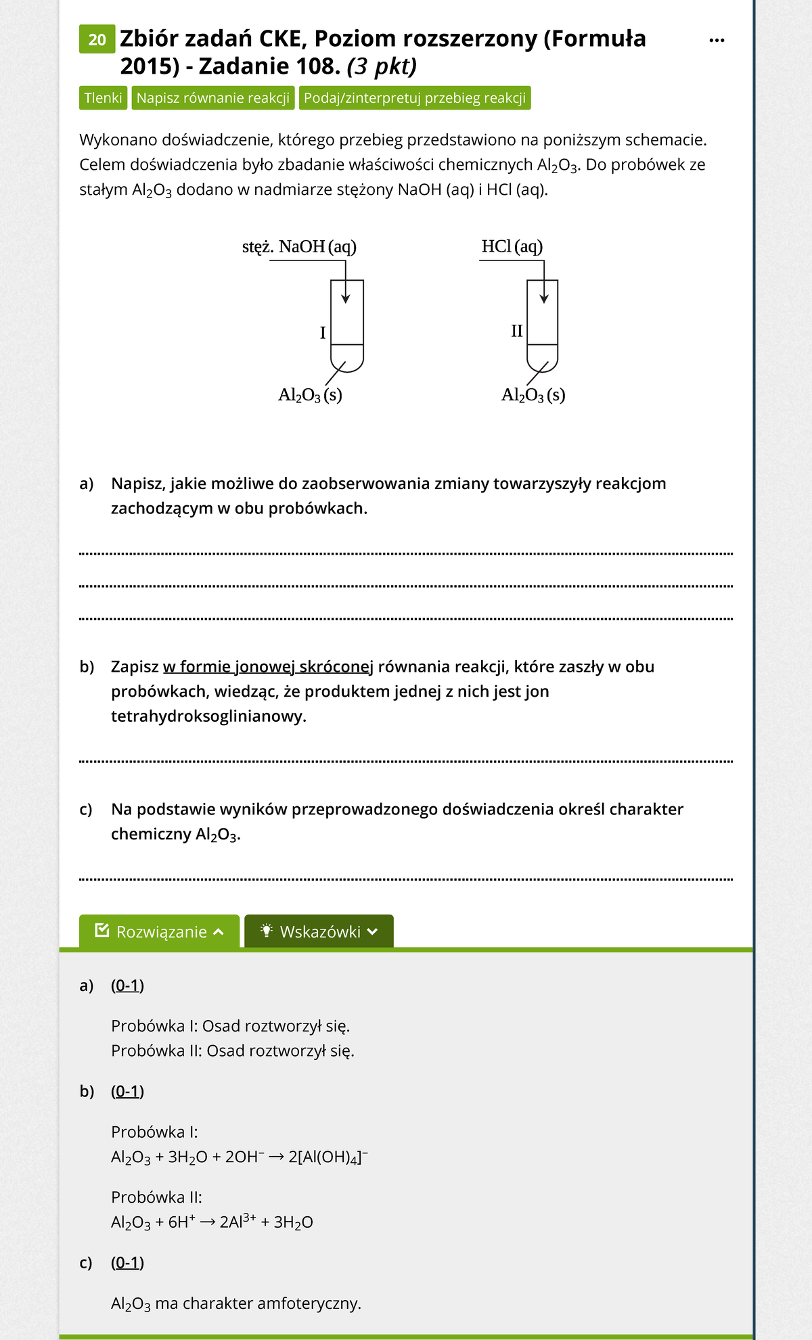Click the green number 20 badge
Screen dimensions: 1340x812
(97, 39)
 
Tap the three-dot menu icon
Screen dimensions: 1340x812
(717, 41)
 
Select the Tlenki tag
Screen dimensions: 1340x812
(103, 98)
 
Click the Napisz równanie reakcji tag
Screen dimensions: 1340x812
(212, 98)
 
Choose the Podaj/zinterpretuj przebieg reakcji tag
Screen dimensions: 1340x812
(414, 98)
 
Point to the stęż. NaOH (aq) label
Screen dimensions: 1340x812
(299, 246)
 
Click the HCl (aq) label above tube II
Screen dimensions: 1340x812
(512, 246)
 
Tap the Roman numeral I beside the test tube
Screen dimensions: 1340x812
(323, 333)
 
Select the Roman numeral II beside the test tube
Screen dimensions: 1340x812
(516, 331)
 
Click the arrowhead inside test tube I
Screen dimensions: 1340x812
(346, 298)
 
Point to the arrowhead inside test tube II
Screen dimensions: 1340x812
(543, 298)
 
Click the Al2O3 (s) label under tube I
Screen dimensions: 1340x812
(310, 395)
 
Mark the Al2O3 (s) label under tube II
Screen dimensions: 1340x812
(533, 395)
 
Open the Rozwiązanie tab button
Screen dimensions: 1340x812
(160, 931)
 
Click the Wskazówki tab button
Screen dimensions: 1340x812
(319, 931)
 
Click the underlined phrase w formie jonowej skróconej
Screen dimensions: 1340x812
(268, 667)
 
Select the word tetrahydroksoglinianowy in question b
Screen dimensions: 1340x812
(208, 716)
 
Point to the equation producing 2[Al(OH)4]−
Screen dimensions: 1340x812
(239, 1157)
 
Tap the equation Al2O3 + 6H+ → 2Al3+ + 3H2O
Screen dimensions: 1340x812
(212, 1222)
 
